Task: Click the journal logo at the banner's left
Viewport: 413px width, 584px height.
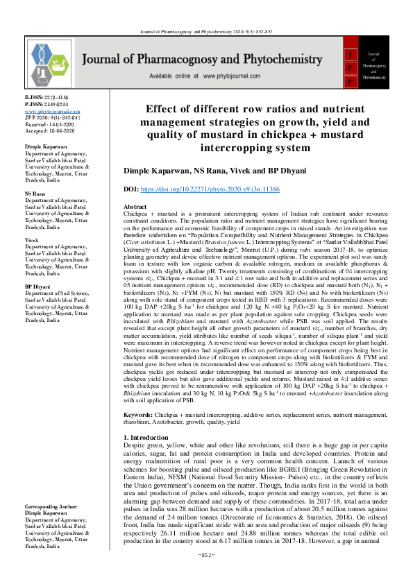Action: pyautogui.click(x=49, y=62)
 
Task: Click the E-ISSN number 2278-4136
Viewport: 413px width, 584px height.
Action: pyautogui.click(x=56, y=98)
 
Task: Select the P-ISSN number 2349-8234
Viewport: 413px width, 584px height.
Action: pyautogui.click(x=56, y=105)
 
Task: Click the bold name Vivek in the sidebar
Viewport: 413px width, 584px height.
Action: pyautogui.click(x=33, y=239)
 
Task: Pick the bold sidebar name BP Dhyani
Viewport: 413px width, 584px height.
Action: pyautogui.click(x=39, y=286)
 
